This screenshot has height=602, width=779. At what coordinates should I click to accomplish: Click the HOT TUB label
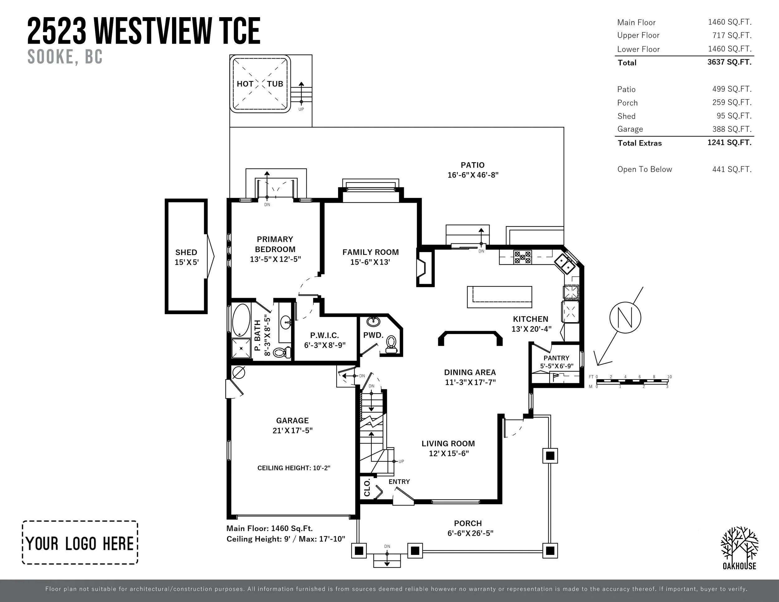[260, 84]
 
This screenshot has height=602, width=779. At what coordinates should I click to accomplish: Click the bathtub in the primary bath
[241, 320]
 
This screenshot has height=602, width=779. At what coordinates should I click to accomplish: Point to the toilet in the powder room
[391, 343]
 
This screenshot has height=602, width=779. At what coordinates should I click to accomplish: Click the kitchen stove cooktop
[522, 257]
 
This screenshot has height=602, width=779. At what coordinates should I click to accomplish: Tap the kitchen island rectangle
[499, 297]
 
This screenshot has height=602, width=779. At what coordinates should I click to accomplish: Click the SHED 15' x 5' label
[186, 257]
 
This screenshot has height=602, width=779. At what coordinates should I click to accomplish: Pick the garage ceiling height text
[294, 468]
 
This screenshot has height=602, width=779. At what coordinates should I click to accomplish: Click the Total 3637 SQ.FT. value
[729, 62]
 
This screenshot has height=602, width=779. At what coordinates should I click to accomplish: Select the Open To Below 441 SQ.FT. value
[732, 170]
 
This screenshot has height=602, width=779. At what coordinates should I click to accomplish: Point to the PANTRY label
[557, 358]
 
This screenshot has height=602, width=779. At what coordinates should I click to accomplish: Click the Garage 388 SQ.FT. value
[732, 129]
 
